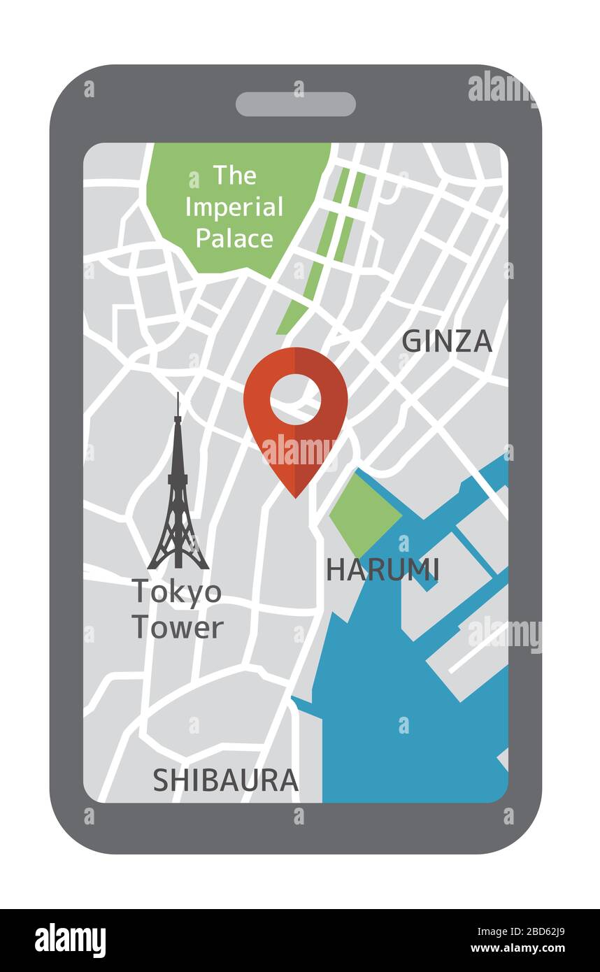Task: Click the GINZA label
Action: click(446, 341)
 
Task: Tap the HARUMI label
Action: click(383, 570)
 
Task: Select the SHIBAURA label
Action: click(225, 780)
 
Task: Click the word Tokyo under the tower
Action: click(176, 592)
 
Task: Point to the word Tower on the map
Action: click(178, 627)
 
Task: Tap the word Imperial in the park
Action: click(234, 207)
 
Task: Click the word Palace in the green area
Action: click(234, 238)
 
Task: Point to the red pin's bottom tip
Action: click(295, 496)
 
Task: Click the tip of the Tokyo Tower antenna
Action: click(178, 396)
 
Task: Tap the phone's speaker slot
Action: click(295, 104)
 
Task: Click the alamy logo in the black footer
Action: click(71, 941)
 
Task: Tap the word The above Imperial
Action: click(234, 175)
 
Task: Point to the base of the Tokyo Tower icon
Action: click(178, 564)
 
